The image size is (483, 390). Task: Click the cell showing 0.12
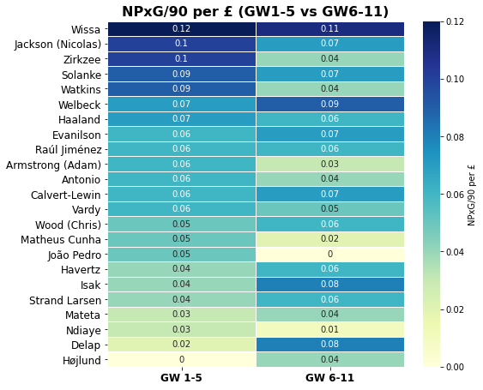pyautogui.click(x=181, y=29)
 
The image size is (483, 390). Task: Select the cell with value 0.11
pyautogui.click(x=329, y=29)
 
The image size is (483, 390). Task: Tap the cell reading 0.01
pyautogui.click(x=329, y=329)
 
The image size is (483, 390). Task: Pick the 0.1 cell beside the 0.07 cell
pyautogui.click(x=181, y=44)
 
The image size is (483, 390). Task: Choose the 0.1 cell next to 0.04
pyautogui.click(x=181, y=59)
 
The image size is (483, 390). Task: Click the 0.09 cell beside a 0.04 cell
pyautogui.click(x=181, y=89)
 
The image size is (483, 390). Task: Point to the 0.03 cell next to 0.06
pyautogui.click(x=329, y=164)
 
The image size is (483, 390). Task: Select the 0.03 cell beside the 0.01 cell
pyautogui.click(x=181, y=329)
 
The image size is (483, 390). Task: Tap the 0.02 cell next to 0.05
pyautogui.click(x=329, y=239)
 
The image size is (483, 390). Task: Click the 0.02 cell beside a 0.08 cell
pyautogui.click(x=181, y=345)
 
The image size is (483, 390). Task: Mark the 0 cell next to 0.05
pyautogui.click(x=329, y=254)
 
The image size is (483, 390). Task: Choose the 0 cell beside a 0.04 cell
pyautogui.click(x=181, y=359)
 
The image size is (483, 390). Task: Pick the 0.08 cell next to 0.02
pyautogui.click(x=329, y=345)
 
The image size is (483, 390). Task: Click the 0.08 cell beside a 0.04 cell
pyautogui.click(x=329, y=284)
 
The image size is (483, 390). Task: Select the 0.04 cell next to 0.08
pyautogui.click(x=181, y=284)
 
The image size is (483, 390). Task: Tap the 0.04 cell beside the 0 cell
pyautogui.click(x=329, y=359)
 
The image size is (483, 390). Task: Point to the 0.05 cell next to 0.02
pyautogui.click(x=181, y=239)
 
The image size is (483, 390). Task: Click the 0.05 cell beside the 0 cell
pyautogui.click(x=181, y=254)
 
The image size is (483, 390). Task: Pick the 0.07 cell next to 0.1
pyautogui.click(x=329, y=44)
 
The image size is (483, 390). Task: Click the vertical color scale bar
pyautogui.click(x=431, y=194)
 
